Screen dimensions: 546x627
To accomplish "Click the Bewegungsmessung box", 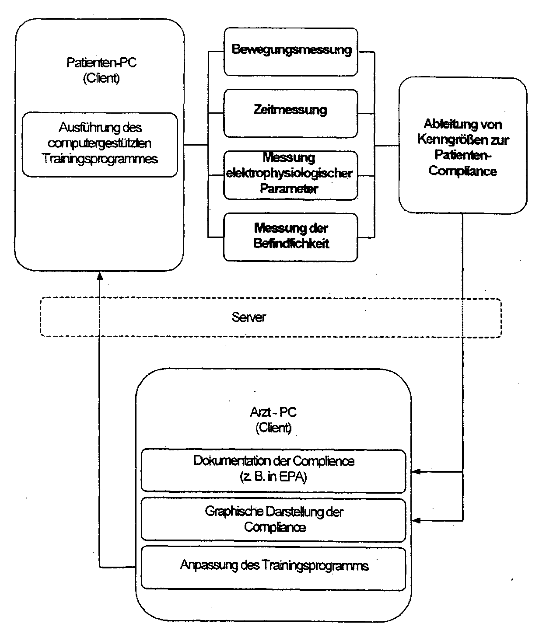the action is click(290, 52).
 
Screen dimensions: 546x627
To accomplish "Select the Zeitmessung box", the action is click(290, 113).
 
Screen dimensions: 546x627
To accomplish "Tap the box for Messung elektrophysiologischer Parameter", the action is click(290, 175).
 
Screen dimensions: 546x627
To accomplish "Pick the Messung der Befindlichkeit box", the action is click(290, 237).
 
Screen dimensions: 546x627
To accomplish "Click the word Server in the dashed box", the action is click(248, 317).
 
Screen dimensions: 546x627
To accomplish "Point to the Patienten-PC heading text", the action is click(101, 63).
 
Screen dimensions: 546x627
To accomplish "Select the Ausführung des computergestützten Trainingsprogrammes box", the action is click(100, 145).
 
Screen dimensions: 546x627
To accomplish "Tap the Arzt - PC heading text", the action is click(273, 412).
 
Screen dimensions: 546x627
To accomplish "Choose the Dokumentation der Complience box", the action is click(273, 471).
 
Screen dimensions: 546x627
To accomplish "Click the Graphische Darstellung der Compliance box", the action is click(273, 520).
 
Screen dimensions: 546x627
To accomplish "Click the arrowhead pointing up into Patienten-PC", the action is click(100, 276).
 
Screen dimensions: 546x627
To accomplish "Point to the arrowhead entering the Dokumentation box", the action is click(416, 472).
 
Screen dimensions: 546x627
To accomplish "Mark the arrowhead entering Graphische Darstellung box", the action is click(416, 520).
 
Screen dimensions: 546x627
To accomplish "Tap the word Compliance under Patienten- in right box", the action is click(462, 171).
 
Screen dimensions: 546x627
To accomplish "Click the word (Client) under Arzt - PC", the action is click(273, 428).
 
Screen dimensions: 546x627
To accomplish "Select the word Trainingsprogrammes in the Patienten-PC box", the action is click(100, 159).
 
